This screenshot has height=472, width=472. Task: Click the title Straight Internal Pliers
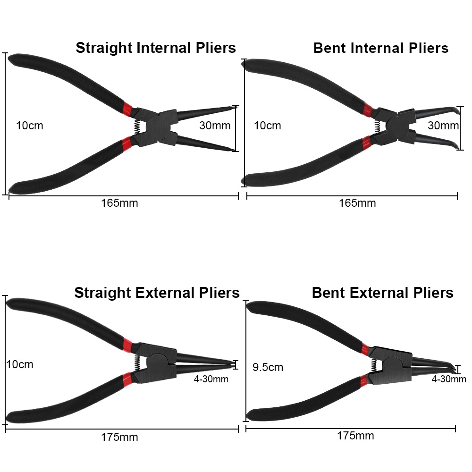[x=156, y=48]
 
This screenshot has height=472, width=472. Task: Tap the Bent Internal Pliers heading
[x=380, y=48]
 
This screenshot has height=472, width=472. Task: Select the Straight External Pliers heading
[x=157, y=293]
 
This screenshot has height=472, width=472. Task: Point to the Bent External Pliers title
[x=382, y=293]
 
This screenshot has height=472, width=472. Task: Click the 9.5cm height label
[x=268, y=367]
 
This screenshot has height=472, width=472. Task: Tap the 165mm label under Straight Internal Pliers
[x=119, y=203]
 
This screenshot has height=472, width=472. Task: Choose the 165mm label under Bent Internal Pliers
[x=357, y=203]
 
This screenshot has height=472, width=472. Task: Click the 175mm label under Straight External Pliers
[x=119, y=437]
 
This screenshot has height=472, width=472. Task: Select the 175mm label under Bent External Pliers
[x=355, y=435]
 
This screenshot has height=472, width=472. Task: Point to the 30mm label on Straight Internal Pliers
[x=215, y=126]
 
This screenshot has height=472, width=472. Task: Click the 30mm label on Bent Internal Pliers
[x=443, y=126]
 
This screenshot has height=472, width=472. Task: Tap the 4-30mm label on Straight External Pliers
[x=211, y=379]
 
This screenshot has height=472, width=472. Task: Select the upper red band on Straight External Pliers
[x=126, y=345]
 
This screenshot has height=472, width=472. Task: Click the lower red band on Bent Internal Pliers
[x=366, y=142]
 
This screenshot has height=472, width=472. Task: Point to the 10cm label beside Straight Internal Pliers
[x=29, y=126]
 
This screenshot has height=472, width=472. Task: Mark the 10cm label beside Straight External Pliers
[x=20, y=364]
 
